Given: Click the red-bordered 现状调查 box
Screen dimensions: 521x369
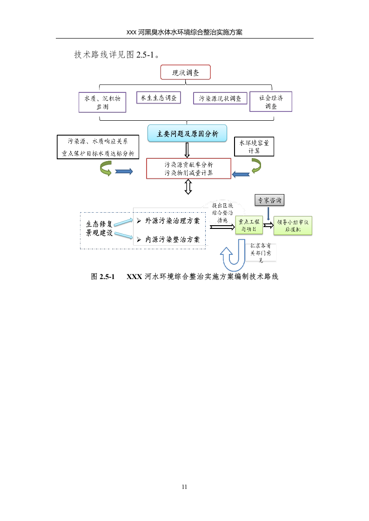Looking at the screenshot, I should click(x=185, y=73).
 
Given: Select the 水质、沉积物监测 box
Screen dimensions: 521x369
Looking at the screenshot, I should click(x=102, y=102).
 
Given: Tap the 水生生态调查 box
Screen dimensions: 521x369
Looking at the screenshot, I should click(x=158, y=98).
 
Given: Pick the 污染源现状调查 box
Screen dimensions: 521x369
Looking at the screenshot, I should click(x=220, y=98).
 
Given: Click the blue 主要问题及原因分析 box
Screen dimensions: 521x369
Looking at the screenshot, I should click(x=187, y=134).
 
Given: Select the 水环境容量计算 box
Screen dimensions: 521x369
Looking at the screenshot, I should click(x=254, y=146).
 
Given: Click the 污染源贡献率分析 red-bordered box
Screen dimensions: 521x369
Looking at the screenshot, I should click(x=188, y=169).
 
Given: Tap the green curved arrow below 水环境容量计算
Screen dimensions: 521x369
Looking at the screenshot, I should click(x=256, y=166).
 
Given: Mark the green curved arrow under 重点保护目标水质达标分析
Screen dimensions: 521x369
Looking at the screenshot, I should click(x=105, y=169).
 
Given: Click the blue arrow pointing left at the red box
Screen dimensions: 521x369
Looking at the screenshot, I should click(x=241, y=174).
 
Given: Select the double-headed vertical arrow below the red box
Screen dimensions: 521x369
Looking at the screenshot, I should click(x=188, y=187).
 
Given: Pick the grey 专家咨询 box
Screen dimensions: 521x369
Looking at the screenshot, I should click(x=269, y=201).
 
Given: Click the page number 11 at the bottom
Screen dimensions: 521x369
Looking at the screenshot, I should click(x=184, y=487).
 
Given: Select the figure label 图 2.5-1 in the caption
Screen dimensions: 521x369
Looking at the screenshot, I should click(x=102, y=277).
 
